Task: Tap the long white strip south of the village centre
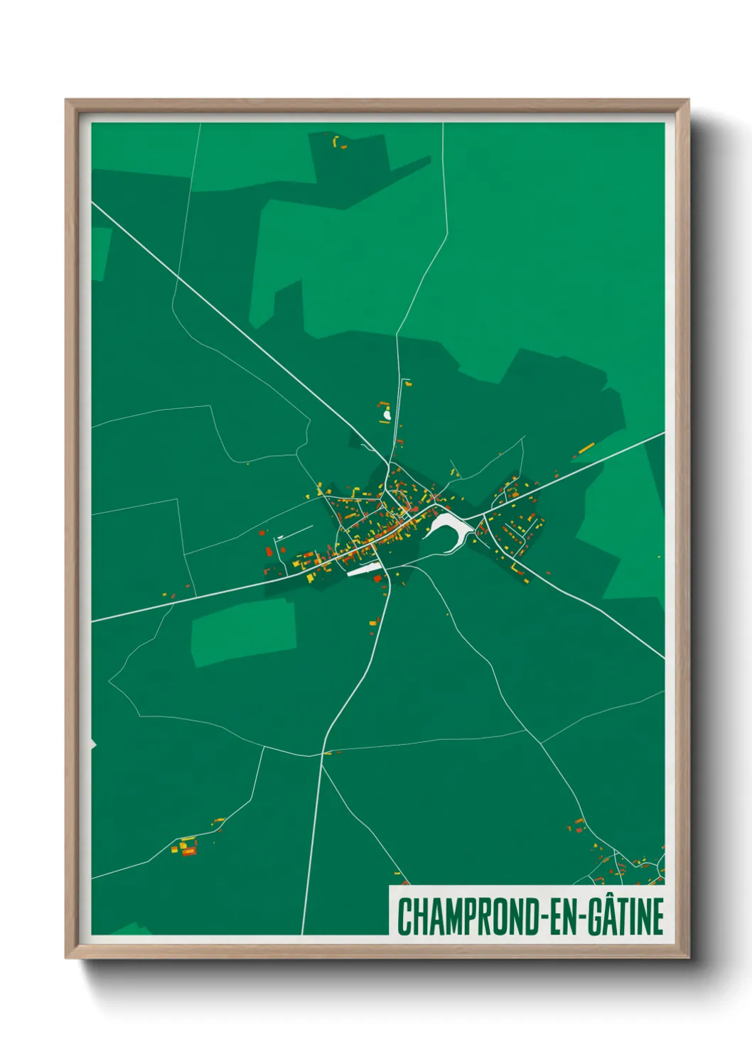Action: pyautogui.click(x=365, y=569)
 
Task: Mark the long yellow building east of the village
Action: pyautogui.click(x=586, y=448)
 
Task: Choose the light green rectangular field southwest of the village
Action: pyautogui.click(x=244, y=631)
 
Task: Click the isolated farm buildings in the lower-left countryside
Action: pyautogui.click(x=186, y=846)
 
